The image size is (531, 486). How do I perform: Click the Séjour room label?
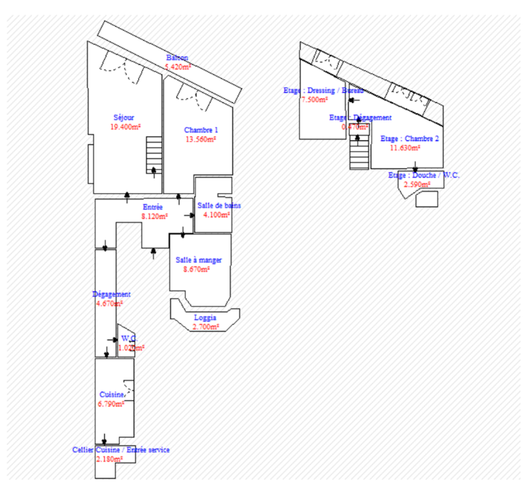coord(124,118)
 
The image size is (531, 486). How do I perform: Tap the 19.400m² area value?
coord(126,126)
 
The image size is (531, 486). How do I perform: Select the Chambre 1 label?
coord(201,130)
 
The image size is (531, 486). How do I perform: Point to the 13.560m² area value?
coord(201,139)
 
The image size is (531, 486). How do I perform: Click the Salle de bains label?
coord(219,206)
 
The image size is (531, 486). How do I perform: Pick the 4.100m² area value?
coord(217,215)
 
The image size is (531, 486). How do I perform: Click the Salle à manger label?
coord(198,260)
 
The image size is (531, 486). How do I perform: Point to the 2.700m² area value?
coord(205,327)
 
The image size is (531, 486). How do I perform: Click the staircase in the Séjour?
coord(154,153)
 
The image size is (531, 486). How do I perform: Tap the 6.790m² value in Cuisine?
coord(111,404)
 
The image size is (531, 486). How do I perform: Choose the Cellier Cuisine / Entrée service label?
coord(121,450)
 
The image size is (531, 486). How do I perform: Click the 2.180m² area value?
coord(109,459)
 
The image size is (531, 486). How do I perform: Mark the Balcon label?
coord(177,58)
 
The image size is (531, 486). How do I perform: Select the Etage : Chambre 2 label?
coord(409,139)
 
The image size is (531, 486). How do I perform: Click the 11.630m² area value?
coord(405,148)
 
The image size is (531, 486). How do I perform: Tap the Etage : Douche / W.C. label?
coord(424,175)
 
